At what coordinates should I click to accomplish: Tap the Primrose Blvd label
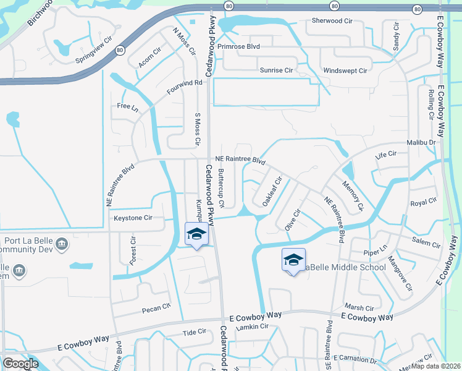(239, 46)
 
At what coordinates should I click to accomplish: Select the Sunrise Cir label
(276, 70)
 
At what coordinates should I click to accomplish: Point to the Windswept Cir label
(345, 70)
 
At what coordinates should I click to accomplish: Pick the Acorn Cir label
(150, 58)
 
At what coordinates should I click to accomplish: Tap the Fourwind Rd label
(184, 87)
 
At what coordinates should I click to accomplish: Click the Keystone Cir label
(133, 218)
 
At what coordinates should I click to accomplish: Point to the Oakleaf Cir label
(272, 191)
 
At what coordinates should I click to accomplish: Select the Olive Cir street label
(292, 220)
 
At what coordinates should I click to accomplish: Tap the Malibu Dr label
(421, 143)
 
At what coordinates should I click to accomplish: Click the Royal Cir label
(424, 203)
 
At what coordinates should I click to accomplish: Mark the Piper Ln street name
(374, 252)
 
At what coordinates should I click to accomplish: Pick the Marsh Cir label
(359, 308)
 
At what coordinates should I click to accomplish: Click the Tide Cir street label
(194, 332)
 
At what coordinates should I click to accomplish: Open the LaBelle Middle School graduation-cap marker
(293, 259)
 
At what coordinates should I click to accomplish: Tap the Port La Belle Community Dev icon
(61, 244)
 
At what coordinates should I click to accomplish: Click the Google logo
(20, 364)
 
